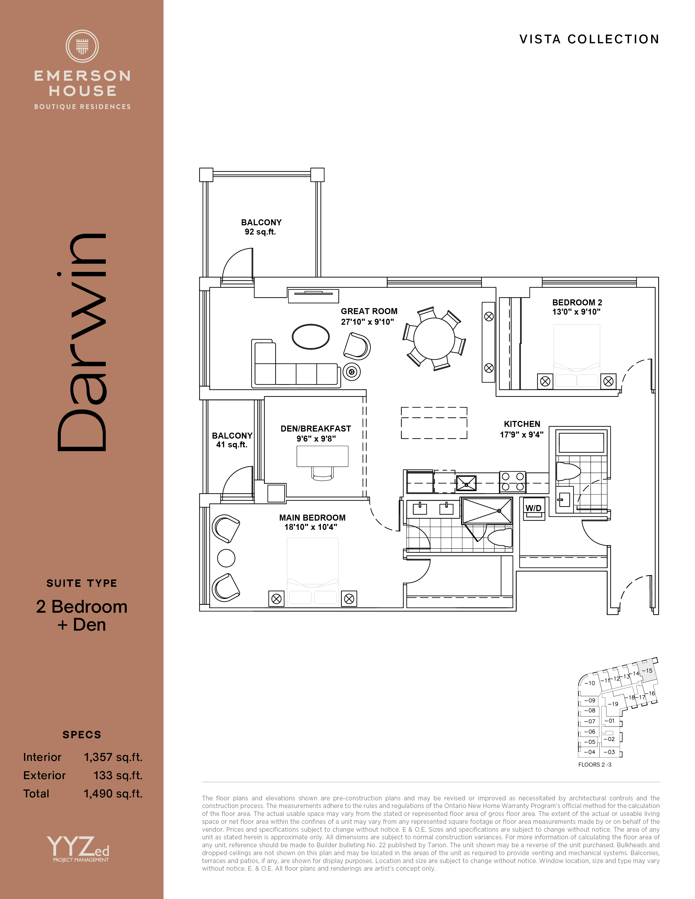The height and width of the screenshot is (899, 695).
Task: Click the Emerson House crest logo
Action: tap(82, 46)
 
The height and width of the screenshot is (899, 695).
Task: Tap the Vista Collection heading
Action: tap(589, 39)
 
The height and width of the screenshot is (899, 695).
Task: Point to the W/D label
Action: tap(533, 508)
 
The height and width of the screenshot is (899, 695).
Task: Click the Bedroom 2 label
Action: tap(577, 303)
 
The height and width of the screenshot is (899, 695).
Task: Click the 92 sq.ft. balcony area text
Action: tap(260, 232)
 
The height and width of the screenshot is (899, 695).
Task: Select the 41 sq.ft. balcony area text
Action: tap(232, 445)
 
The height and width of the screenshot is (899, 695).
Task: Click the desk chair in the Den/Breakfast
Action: tap(322, 473)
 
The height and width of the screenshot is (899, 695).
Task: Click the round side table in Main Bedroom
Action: tap(226, 558)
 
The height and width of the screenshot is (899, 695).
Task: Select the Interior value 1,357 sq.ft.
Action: tap(113, 757)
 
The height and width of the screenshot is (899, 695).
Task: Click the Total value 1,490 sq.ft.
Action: tap(113, 793)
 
